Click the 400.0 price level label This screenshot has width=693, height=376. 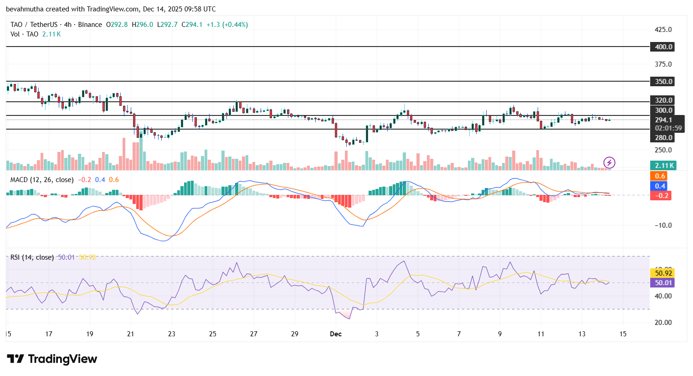[663, 47]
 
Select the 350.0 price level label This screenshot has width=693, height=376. [663, 82]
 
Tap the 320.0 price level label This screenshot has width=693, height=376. [663, 100]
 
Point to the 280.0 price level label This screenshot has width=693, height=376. [663, 138]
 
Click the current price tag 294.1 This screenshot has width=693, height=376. [663, 120]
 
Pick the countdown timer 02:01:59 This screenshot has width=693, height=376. [668, 128]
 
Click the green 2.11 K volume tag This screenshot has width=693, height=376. [663, 166]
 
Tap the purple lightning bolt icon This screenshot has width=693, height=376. [609, 162]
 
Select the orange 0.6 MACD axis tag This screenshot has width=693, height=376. [660, 176]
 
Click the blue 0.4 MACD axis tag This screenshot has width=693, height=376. [660, 186]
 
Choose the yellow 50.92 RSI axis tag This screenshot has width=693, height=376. [663, 273]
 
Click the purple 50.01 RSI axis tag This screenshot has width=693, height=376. [663, 283]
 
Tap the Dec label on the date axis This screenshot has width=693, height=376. [336, 334]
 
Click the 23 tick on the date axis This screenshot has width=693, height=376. [172, 334]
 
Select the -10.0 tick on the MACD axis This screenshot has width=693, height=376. [663, 225]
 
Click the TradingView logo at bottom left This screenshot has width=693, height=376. [52, 359]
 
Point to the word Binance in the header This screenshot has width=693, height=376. [90, 25]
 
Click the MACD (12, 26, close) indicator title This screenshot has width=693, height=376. [42, 180]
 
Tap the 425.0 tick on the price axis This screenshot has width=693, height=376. [663, 30]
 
